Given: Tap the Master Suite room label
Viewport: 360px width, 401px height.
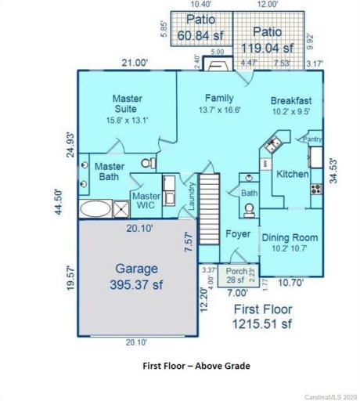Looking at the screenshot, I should click(x=126, y=104).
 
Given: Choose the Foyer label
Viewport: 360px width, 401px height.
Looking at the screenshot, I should click(x=237, y=234).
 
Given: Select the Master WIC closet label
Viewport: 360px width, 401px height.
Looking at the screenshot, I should click(x=146, y=200).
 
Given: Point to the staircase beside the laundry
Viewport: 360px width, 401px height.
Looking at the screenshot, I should click(x=209, y=200).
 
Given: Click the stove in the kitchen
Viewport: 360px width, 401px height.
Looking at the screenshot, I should click(x=316, y=188).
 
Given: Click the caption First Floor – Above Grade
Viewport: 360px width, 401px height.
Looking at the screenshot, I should click(x=197, y=366).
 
